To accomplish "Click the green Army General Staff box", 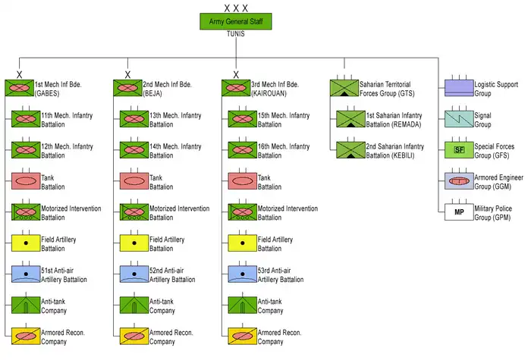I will (236, 22).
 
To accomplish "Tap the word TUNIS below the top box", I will (236, 35).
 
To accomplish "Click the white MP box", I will (459, 211).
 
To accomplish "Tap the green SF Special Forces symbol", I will (459, 149).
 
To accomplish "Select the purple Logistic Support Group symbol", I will (459, 87).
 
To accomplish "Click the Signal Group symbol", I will (459, 118).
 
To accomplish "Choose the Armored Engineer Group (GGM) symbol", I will (459, 180).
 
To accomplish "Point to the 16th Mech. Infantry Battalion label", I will (284, 150).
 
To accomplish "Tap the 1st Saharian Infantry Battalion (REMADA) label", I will (394, 119).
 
